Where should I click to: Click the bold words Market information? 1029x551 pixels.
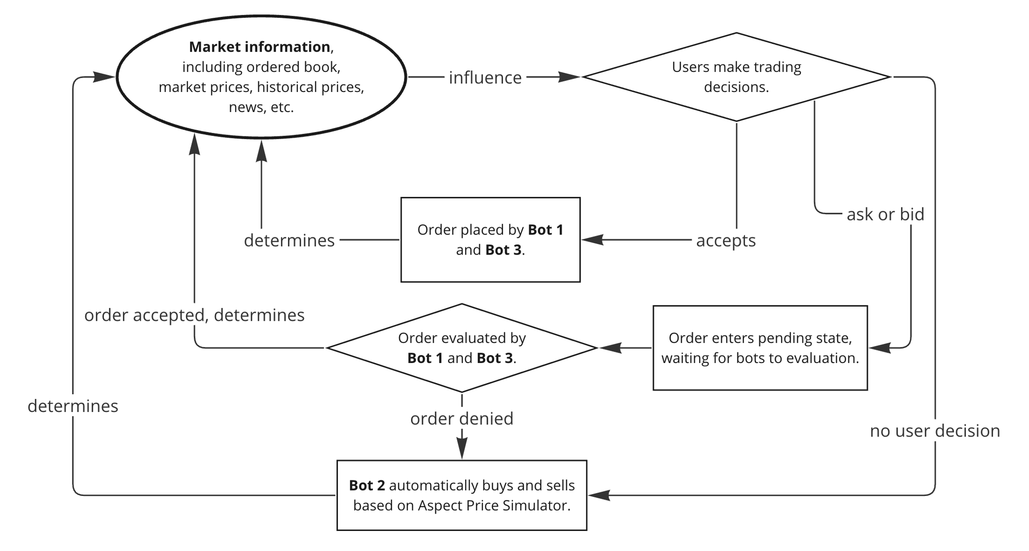point(259,47)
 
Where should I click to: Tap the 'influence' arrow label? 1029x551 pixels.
point(485,78)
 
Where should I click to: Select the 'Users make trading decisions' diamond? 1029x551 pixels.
point(736,77)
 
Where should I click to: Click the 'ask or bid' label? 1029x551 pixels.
point(885,215)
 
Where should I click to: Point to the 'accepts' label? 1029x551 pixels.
point(725,240)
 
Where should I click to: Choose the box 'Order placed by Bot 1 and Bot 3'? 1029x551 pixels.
point(490,240)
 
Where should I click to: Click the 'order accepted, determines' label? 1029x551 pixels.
point(194,315)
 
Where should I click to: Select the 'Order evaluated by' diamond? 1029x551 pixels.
point(462,348)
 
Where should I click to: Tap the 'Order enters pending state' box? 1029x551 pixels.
point(760,348)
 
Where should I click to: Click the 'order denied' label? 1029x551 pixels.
point(462,419)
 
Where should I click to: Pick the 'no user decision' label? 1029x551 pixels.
point(934,431)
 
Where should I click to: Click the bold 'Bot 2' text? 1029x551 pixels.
point(367,485)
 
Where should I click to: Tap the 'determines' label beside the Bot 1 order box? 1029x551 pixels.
point(289,240)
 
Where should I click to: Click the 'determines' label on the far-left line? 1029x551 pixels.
point(73,406)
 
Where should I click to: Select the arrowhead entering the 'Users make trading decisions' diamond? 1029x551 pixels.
point(570,77)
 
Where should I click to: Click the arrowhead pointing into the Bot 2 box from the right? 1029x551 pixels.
point(598,495)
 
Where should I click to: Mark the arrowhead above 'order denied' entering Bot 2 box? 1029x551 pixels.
point(462,449)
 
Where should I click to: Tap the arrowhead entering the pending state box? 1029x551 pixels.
point(879,348)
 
